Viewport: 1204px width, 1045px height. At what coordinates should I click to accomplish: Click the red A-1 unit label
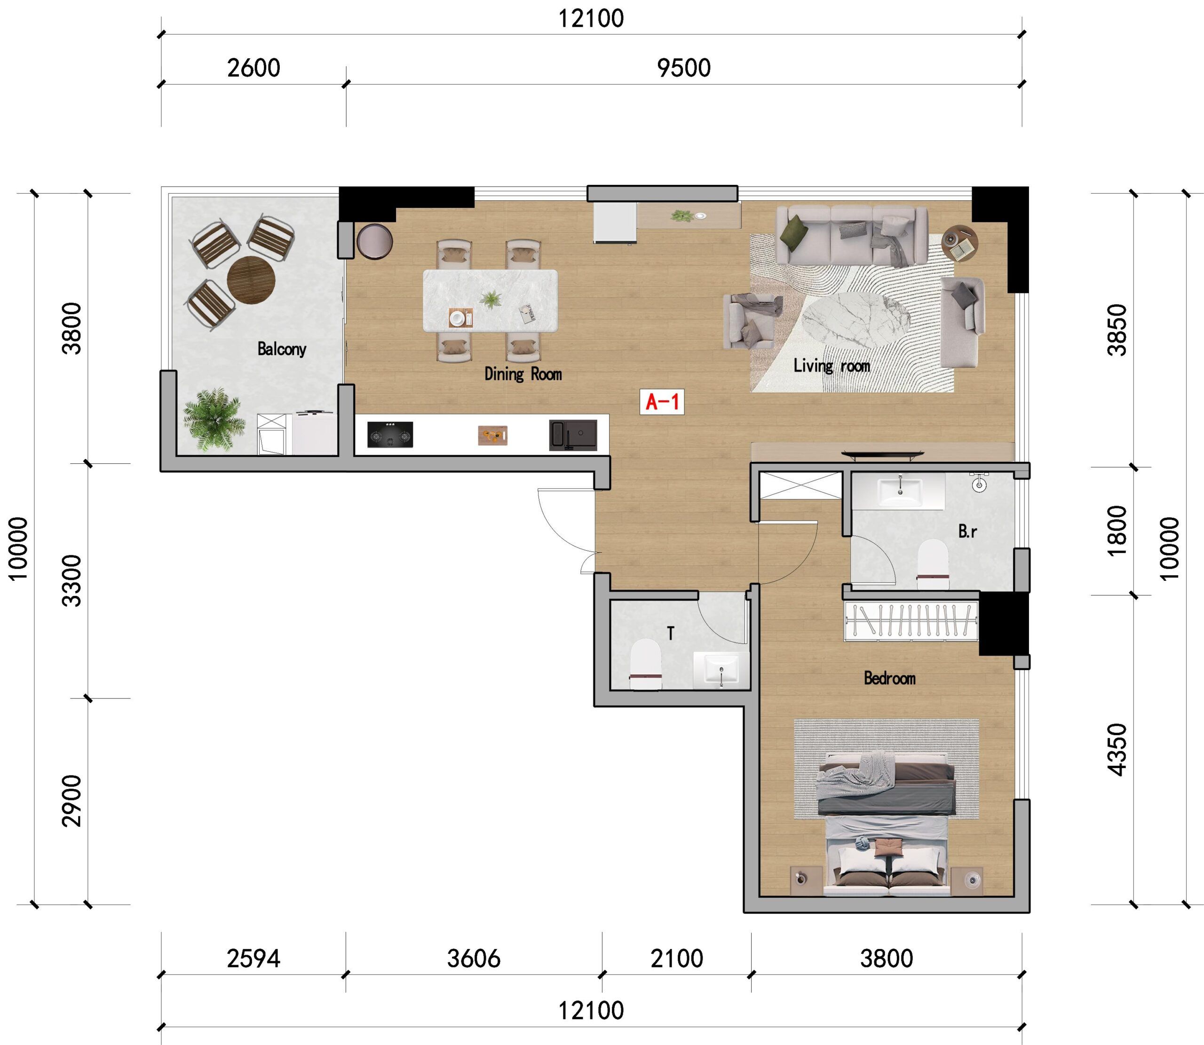point(662,402)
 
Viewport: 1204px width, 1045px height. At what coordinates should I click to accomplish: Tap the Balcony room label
point(282,348)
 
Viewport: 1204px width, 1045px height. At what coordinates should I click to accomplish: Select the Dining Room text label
point(523,374)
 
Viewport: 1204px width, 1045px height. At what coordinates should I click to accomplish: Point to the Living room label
point(832,365)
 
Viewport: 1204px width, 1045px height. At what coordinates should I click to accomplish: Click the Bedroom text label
point(889,678)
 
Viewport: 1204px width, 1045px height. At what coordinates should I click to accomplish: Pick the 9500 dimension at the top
point(683,68)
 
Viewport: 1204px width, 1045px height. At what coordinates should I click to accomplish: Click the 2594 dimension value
point(253,958)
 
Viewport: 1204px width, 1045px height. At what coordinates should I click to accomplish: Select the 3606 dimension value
point(474,958)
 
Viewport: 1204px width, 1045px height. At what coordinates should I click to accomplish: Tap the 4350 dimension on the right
point(1117,750)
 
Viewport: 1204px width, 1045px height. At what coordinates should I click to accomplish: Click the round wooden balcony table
point(251,280)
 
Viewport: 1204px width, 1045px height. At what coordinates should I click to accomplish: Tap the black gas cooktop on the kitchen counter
point(390,435)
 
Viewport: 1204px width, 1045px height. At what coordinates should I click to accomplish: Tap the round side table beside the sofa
point(959,243)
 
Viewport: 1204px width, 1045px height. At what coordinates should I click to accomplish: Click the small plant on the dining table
point(491,299)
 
